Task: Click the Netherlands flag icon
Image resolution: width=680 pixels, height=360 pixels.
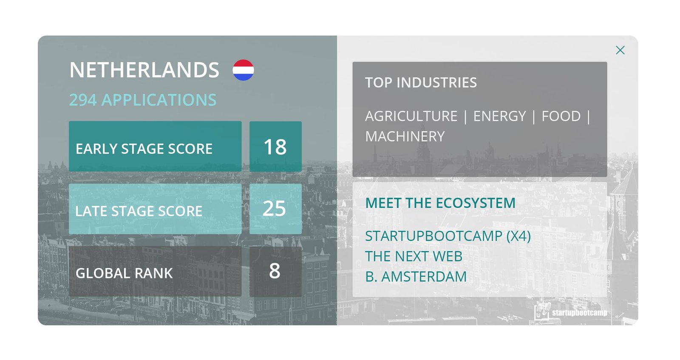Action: coord(243,70)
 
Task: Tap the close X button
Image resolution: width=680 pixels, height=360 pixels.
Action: coord(620,50)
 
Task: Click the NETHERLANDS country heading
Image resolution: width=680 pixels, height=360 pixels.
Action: coord(144,70)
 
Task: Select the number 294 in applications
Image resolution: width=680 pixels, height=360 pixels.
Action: coord(83,100)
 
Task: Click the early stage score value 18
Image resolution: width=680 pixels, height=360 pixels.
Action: coord(275,147)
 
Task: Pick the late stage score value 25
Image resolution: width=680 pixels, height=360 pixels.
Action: coord(275,209)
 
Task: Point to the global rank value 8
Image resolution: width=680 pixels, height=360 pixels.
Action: coord(275,271)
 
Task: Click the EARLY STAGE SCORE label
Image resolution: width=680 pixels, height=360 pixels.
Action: coord(144,149)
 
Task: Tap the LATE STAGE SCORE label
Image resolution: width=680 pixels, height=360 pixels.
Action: coord(139,211)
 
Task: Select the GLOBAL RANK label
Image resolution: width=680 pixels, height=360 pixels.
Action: coord(124,273)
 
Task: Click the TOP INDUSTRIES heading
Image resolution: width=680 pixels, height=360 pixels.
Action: coord(421,82)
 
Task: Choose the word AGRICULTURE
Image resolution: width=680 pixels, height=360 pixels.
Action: coord(411,116)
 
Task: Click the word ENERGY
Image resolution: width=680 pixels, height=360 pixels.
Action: coord(499,116)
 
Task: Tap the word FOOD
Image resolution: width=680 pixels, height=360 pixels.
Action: coord(561,116)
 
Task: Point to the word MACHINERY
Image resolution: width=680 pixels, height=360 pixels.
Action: coord(405,136)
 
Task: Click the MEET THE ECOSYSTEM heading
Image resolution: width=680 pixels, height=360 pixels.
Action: coord(440,203)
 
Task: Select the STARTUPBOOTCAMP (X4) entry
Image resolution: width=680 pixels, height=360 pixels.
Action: coord(448,236)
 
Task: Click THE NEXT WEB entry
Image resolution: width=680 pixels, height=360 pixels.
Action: coord(414,256)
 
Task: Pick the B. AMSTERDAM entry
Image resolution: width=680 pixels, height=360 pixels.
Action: coord(416,277)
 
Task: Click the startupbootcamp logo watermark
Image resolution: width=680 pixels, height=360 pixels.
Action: coord(571,312)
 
